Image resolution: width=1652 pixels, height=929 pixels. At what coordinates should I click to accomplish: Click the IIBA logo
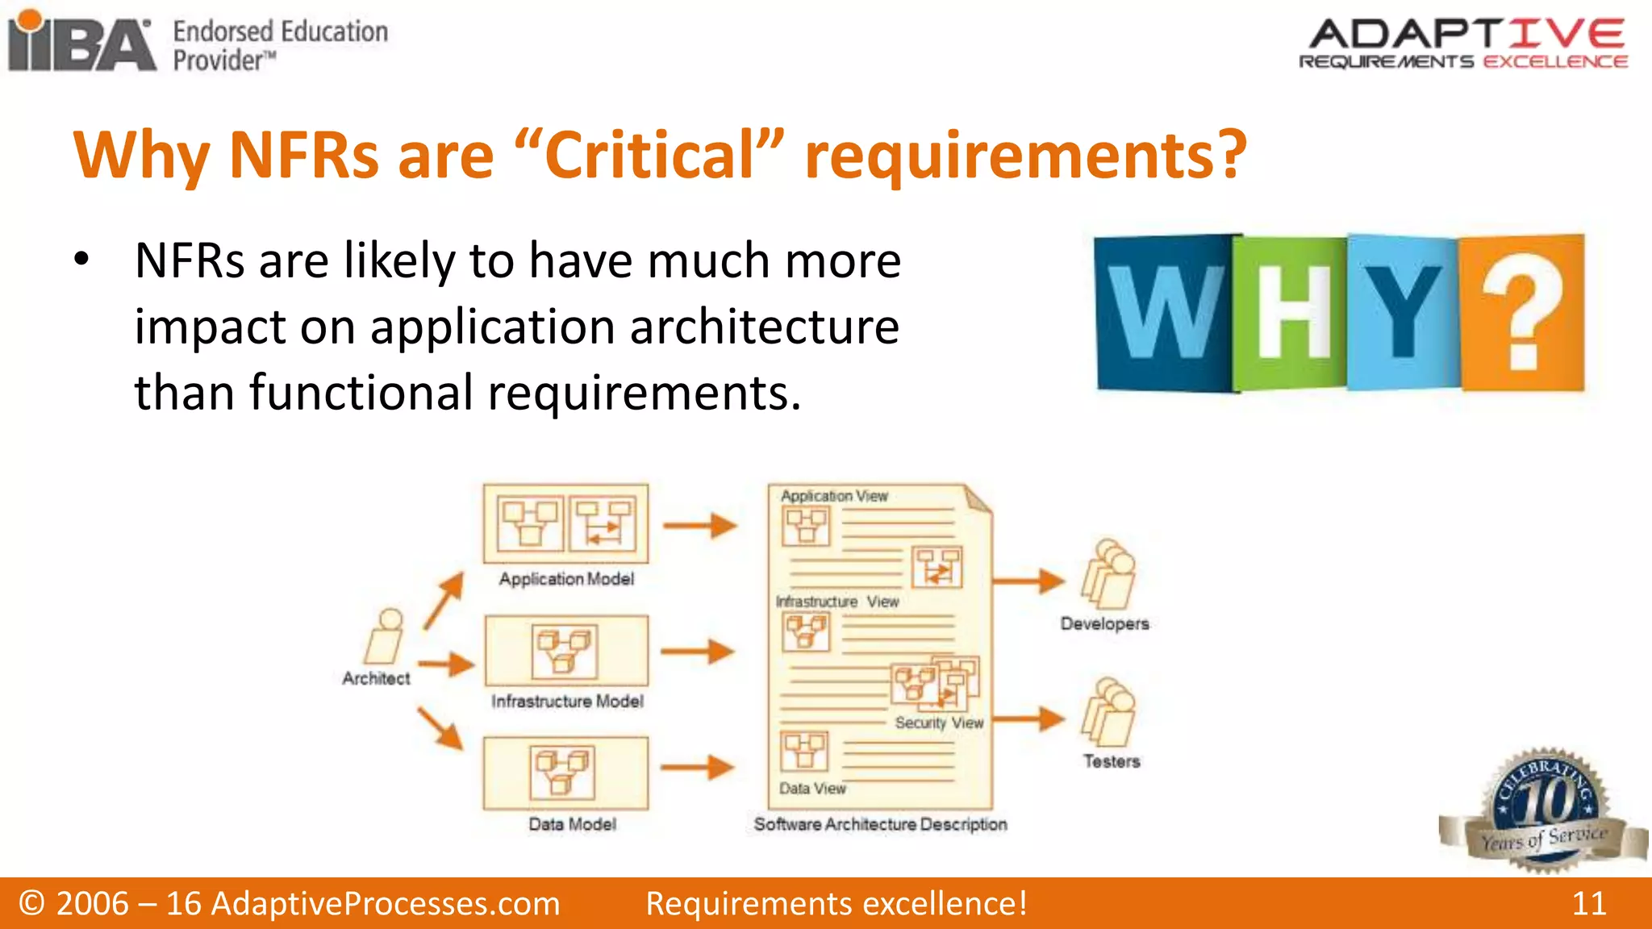(81, 42)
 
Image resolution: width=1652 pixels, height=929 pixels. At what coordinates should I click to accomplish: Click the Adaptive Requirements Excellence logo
(1463, 44)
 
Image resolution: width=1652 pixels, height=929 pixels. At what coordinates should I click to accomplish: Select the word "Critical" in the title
(650, 155)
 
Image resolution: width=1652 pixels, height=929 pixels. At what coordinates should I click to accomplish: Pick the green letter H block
(1291, 313)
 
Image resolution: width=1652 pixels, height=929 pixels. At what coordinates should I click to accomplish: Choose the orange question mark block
(1523, 313)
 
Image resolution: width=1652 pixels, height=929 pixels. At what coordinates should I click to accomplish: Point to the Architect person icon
(385, 637)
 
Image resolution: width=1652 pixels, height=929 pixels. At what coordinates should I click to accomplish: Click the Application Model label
(566, 579)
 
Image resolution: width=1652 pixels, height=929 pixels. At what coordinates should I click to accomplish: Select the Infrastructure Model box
(566, 651)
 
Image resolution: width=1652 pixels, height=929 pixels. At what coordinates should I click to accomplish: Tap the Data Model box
(566, 773)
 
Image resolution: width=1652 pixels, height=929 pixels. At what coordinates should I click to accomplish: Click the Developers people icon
(1108, 574)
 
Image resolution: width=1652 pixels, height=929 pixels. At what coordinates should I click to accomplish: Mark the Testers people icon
(1108, 712)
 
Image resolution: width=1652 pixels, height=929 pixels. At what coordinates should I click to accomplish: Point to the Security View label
(939, 723)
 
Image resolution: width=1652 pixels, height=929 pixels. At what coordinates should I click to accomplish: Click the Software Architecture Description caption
(880, 824)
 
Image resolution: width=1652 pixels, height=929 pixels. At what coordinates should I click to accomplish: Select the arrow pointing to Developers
(1029, 581)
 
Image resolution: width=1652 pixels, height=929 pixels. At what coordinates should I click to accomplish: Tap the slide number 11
(1588, 903)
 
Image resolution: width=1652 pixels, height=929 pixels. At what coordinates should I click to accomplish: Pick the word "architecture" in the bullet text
(764, 327)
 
